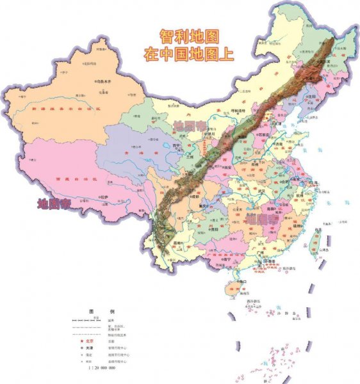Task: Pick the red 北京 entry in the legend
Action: pos(92,340)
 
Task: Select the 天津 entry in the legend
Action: pos(92,348)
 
